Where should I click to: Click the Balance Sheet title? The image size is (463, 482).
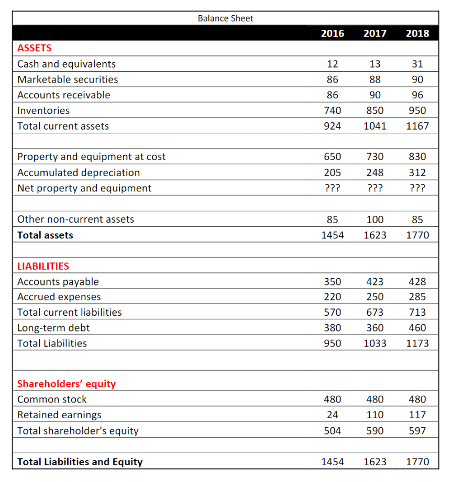click(225, 18)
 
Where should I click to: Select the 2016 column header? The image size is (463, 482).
click(333, 33)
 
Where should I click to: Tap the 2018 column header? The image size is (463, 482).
click(417, 33)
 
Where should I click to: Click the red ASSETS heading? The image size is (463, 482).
click(35, 48)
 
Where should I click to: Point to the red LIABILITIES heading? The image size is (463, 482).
click(43, 266)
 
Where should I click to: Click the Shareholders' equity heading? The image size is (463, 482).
click(67, 384)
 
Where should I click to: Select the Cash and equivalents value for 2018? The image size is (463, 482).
click(417, 64)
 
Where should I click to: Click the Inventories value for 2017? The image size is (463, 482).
click(375, 111)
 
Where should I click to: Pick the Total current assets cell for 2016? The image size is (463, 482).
click(333, 126)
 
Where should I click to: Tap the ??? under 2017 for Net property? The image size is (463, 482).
click(375, 188)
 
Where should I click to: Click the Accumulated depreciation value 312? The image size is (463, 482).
click(417, 173)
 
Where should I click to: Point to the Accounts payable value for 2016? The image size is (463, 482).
click(333, 282)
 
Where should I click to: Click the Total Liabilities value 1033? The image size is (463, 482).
click(375, 343)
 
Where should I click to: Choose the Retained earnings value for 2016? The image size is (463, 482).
click(333, 415)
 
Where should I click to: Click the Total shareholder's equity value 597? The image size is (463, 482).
click(417, 431)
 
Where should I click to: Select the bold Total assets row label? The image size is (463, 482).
click(45, 235)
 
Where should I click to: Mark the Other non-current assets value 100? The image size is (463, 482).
click(375, 220)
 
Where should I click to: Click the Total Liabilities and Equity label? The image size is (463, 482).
click(80, 462)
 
